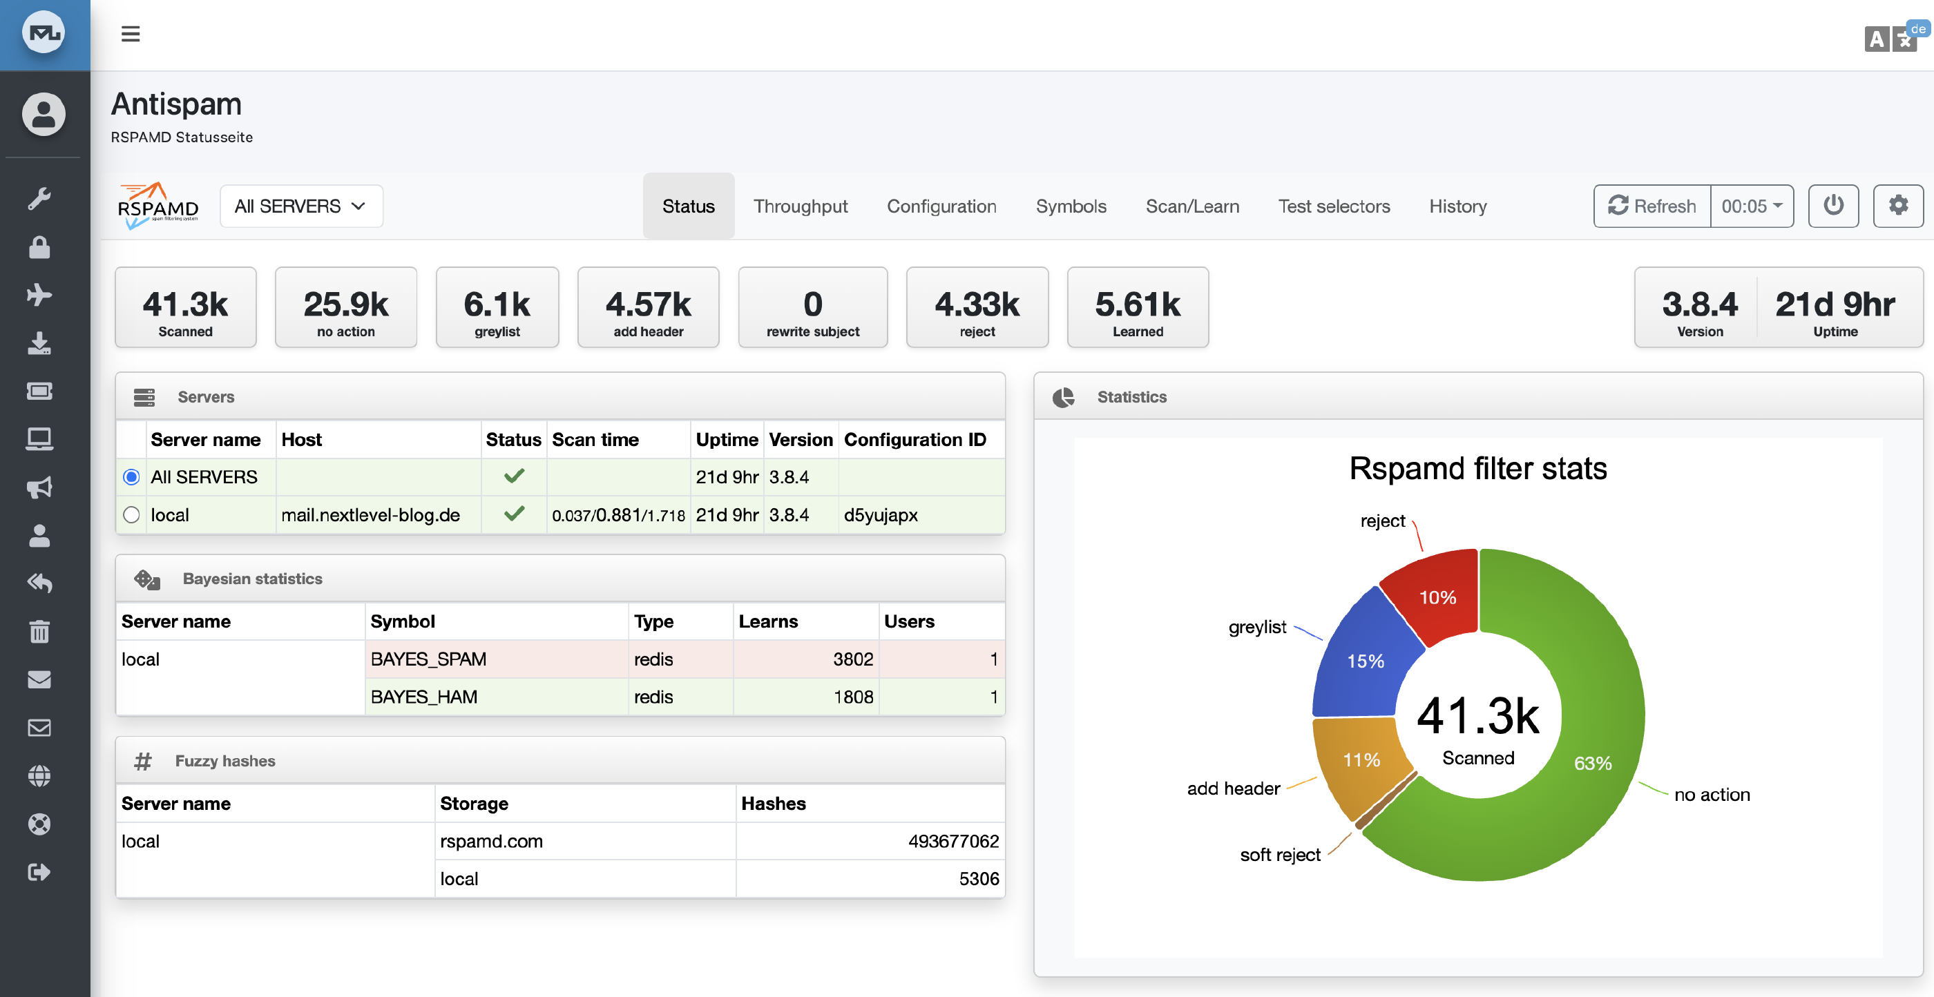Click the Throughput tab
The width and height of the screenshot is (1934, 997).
801,206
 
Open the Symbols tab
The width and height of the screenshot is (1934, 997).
1071,206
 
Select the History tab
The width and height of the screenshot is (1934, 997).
1457,206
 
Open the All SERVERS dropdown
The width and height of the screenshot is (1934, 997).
301,206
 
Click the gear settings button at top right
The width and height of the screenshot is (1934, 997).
1897,206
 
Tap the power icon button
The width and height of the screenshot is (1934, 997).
1832,206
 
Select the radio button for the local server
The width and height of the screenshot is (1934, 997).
131,515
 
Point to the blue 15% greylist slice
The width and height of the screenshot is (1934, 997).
1363,661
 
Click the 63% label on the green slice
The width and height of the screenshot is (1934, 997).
1592,763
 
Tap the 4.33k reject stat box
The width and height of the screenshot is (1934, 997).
977,308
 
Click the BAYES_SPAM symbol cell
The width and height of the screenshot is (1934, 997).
428,659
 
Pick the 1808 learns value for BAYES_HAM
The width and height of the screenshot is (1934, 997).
853,697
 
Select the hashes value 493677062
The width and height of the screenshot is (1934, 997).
952,841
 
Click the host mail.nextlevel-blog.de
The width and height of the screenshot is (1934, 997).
370,515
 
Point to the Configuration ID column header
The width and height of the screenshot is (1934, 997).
915,440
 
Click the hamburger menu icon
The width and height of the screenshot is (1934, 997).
131,34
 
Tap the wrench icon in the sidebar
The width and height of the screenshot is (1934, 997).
39,199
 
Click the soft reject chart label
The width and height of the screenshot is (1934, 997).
1279,855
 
